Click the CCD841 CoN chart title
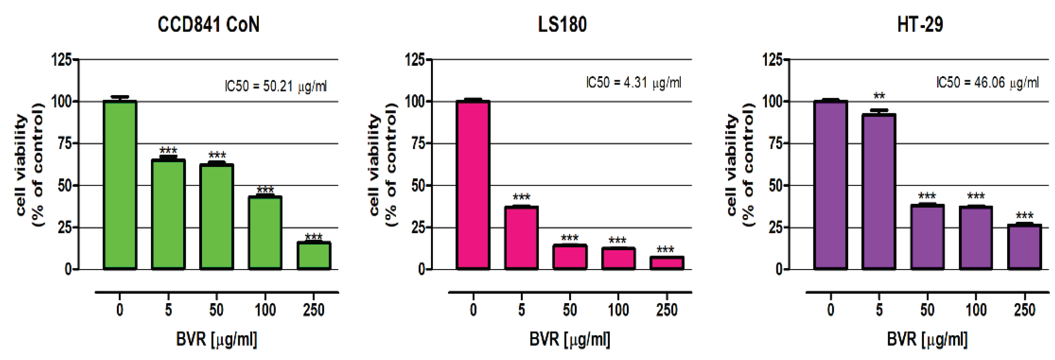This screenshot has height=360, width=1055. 209,25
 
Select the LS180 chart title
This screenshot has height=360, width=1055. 562,25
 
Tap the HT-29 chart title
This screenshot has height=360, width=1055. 920,25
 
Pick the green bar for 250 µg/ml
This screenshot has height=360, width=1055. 314,256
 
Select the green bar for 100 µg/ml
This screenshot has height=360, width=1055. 265,233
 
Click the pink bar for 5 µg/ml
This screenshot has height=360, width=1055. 521,238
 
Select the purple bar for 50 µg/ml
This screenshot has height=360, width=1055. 927,237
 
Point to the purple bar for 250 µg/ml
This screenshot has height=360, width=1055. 1024,247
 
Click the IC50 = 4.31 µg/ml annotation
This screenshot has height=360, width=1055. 634,83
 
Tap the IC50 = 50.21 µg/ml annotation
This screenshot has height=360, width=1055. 276,86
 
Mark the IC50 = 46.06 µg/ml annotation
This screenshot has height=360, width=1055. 987,83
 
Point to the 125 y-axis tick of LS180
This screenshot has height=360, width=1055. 414,60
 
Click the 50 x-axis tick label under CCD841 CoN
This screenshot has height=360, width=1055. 216,310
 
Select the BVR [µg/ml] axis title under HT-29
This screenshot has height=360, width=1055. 927,340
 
